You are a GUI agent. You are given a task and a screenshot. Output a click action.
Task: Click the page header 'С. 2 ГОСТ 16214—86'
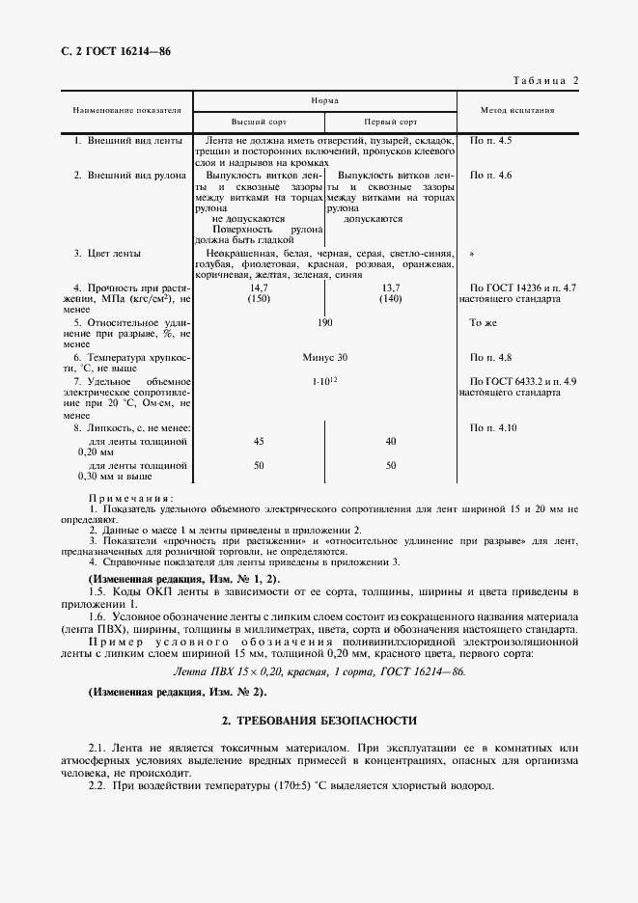(x=109, y=50)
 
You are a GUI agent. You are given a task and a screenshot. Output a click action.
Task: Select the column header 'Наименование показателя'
(x=126, y=111)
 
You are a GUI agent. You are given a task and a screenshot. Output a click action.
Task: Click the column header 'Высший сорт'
(x=258, y=123)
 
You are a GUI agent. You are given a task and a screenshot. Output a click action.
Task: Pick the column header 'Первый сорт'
(x=390, y=123)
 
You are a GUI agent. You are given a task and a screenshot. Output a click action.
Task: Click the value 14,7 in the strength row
(x=258, y=288)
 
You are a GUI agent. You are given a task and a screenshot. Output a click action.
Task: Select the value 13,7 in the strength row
(x=390, y=288)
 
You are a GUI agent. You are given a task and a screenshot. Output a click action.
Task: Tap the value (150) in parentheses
(x=258, y=299)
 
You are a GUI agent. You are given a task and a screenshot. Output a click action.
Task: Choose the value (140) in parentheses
(x=390, y=299)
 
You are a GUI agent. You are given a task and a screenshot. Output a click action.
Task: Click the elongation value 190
(x=325, y=322)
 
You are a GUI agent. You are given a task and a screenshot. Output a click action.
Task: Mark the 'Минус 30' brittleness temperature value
(x=324, y=357)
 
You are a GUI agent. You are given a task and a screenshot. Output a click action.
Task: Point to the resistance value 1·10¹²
(x=325, y=382)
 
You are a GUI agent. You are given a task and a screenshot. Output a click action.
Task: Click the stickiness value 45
(x=258, y=441)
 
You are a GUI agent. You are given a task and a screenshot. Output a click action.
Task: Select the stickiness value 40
(x=390, y=441)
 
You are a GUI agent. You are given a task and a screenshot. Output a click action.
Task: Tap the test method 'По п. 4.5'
(x=490, y=142)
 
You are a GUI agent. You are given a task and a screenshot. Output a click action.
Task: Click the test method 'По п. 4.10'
(x=492, y=426)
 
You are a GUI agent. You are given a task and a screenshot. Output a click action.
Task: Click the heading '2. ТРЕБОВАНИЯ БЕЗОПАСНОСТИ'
(x=319, y=720)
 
